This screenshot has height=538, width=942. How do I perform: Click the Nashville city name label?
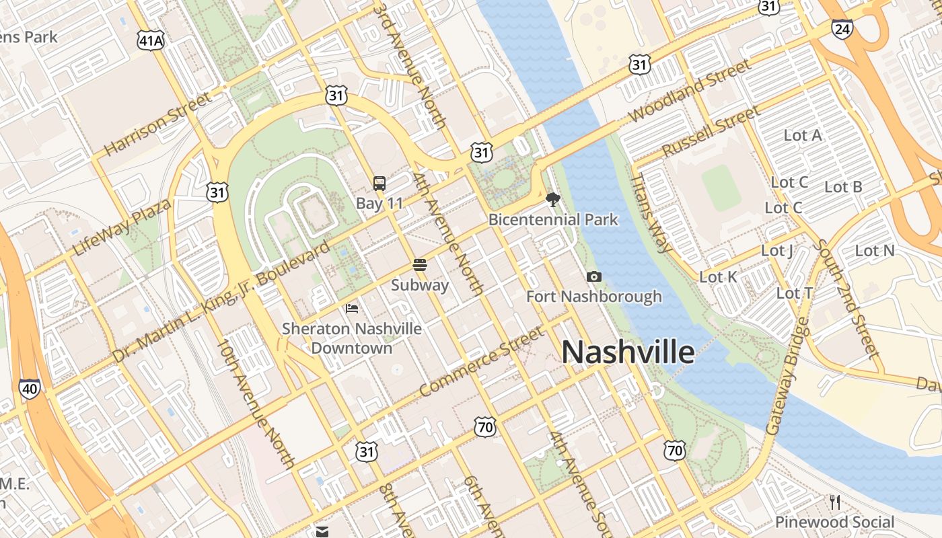pos(628,352)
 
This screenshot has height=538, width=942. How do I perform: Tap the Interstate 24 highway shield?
pos(842,28)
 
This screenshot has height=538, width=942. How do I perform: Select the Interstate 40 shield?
pos(29,388)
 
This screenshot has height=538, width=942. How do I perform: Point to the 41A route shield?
pos(150,41)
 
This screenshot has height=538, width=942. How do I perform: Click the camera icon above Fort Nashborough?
pos(593,276)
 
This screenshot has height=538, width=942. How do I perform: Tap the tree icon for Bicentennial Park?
pos(553,199)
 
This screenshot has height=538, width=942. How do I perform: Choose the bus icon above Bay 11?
pos(379,183)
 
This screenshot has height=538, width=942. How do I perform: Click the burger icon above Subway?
pos(420,265)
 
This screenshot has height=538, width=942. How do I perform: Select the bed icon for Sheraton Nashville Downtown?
pos(352,309)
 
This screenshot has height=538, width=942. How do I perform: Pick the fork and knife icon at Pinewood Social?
pos(835,502)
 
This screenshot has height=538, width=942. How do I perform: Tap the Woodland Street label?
pos(690,91)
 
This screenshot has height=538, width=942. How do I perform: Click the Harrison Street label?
pos(157,124)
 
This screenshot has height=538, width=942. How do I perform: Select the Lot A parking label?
pos(803,135)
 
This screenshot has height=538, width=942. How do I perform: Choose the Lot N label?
pos(875,251)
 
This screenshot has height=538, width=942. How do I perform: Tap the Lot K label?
pos(718,277)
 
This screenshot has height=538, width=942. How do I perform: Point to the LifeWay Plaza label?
pos(121,227)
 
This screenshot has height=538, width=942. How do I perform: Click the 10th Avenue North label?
pos(255,403)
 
